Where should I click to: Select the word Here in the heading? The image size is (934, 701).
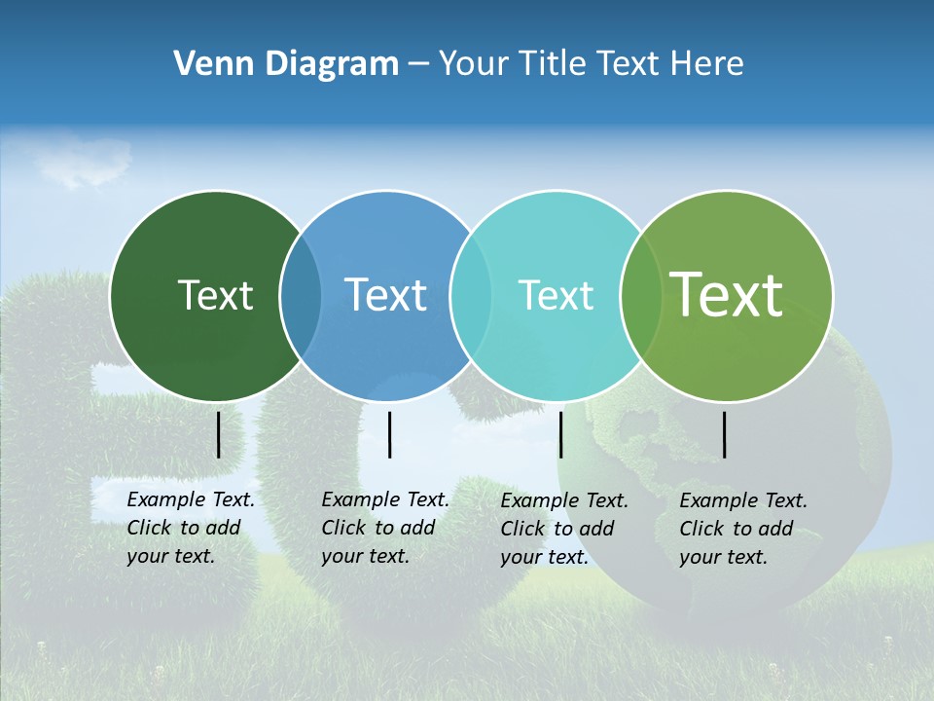coord(707,64)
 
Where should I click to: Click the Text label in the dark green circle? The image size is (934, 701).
coord(215,295)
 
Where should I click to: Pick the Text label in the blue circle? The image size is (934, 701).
coord(385,295)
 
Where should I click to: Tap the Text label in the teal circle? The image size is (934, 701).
coord(556,295)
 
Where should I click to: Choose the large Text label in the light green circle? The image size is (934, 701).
coord(727,295)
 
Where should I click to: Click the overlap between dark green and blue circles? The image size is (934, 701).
coord(301,295)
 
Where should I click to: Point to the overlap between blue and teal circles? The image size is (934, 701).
coord(471,295)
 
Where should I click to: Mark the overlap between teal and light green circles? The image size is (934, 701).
coord(641,295)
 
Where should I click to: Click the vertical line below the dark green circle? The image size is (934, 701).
coord(219,434)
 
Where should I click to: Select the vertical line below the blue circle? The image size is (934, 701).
coord(389,434)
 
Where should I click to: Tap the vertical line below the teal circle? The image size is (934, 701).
coord(560,434)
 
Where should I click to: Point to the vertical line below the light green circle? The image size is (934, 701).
coord(725,434)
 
